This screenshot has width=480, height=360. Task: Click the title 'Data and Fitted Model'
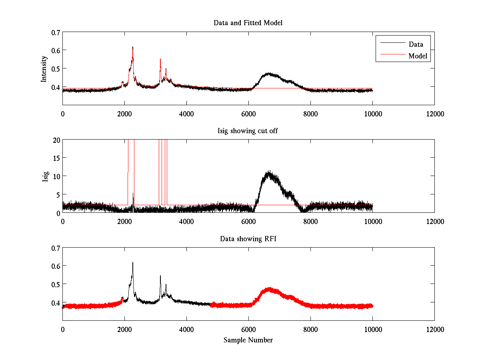point(248,23)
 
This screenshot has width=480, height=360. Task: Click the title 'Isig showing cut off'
point(248,131)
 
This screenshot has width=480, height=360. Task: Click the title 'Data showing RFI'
point(248,239)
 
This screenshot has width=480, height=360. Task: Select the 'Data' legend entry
point(416,44)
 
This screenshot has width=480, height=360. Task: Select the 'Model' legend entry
point(418,56)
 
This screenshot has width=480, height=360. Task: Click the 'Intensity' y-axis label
point(44,68)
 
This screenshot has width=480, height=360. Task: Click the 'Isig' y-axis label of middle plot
point(46,176)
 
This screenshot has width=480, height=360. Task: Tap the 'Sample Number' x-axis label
point(248,340)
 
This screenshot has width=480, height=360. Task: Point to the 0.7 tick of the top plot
point(55,32)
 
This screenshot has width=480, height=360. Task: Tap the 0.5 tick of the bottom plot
point(55,284)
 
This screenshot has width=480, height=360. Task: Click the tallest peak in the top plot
point(133,47)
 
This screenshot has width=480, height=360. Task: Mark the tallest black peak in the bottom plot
point(133,263)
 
